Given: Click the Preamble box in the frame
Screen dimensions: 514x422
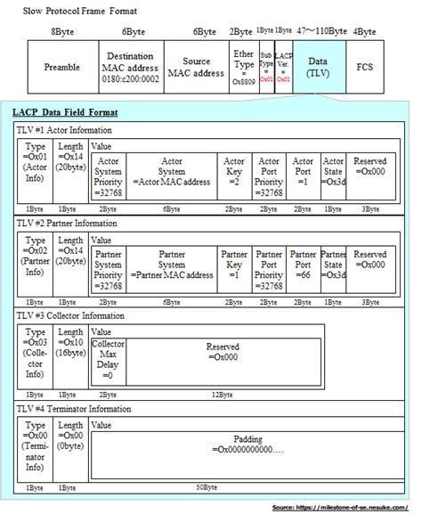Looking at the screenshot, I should click(63, 67).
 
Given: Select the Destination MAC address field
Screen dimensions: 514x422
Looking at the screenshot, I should click(131, 67).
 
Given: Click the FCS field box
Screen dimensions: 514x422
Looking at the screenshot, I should click(364, 67).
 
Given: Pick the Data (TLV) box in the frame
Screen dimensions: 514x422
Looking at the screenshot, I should click(319, 67).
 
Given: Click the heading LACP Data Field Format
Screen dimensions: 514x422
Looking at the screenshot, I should click(66, 113).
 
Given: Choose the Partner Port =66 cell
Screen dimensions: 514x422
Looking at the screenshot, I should click(303, 270).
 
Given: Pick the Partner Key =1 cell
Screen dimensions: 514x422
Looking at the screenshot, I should click(233, 270).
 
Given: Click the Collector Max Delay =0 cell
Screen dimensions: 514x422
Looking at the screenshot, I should click(109, 362).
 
